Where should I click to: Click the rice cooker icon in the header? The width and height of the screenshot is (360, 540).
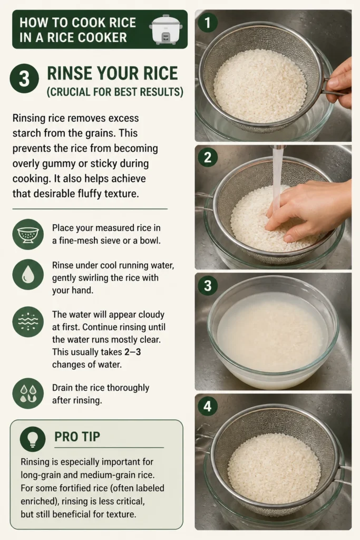coord(166,29)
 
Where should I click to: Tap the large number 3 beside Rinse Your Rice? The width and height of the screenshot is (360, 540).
coord(24,79)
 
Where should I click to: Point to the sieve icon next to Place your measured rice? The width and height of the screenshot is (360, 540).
coord(28,235)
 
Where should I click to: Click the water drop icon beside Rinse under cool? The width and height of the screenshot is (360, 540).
coord(28,274)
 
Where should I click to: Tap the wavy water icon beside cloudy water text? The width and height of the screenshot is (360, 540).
coord(28,322)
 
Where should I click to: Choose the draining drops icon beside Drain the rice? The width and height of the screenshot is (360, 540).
coord(28,393)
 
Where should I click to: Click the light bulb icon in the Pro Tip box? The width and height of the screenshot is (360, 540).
coord(33,439)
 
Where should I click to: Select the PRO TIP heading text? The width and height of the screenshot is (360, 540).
coord(77,437)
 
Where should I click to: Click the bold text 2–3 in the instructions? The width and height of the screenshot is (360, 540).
coord(133,352)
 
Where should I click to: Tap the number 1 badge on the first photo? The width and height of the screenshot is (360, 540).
coord(207,23)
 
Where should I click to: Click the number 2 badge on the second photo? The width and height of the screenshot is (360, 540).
coord(207,158)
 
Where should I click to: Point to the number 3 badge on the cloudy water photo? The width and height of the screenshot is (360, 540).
coord(207,285)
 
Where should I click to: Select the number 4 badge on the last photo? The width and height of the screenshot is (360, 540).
coord(207,407)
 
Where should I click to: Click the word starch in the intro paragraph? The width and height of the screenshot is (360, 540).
coord(30,133)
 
